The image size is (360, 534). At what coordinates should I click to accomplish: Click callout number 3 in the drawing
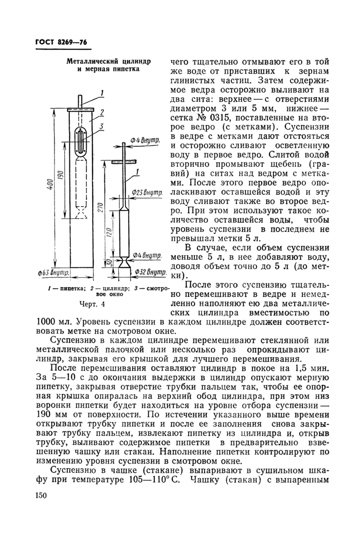click(102, 126)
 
